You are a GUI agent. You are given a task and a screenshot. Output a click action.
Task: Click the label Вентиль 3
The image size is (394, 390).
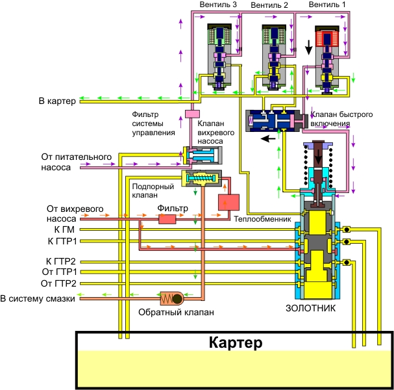tap(218, 5)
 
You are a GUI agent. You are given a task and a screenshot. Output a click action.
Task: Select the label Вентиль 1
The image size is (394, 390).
tap(328, 5)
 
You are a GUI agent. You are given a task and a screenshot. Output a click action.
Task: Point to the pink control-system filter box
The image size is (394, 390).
tap(191, 114)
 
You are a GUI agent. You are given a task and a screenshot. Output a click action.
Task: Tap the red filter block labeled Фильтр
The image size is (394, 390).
tap(168, 220)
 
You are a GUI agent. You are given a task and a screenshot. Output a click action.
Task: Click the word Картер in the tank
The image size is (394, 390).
tap(235, 343)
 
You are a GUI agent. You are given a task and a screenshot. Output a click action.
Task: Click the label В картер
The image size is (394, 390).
tap(58, 101)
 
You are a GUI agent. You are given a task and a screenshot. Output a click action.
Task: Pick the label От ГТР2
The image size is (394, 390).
tap(59, 283)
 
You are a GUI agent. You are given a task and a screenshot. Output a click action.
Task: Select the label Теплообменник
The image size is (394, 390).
tap(264, 219)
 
